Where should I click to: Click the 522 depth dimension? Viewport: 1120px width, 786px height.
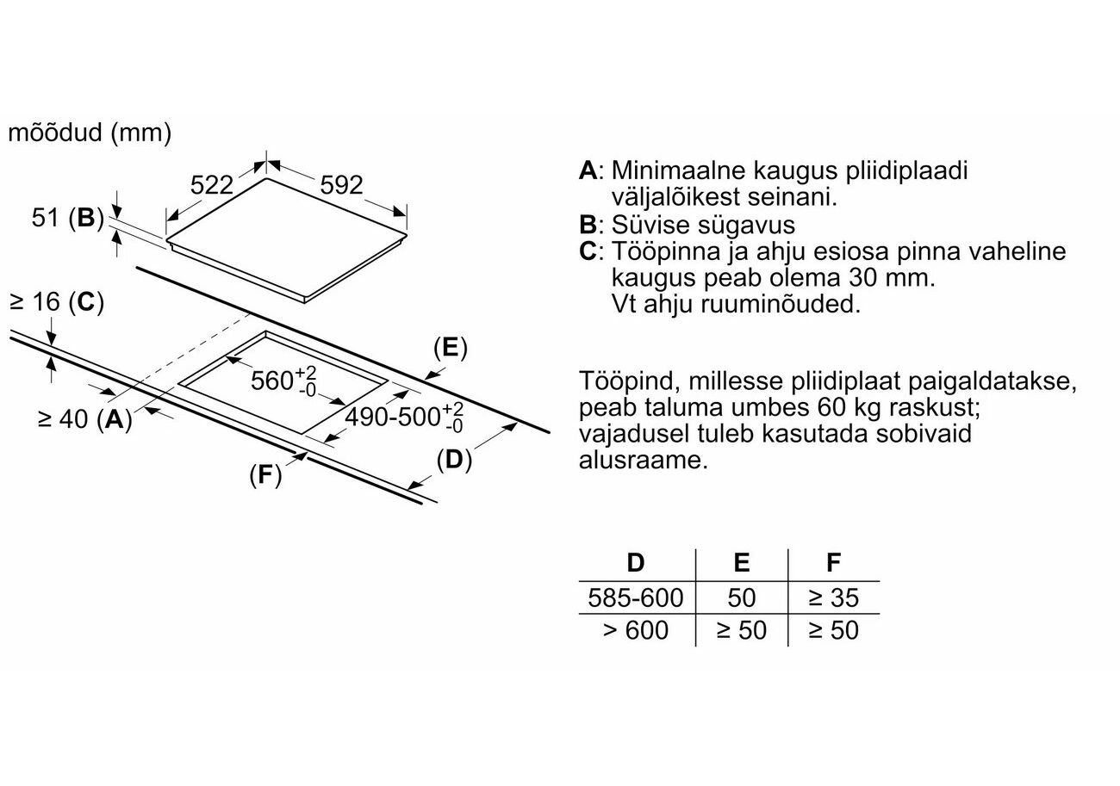(212, 184)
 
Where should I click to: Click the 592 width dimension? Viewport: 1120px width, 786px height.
(342, 184)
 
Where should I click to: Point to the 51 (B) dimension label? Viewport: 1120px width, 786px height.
(67, 218)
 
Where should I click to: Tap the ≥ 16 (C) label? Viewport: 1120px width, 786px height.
(56, 302)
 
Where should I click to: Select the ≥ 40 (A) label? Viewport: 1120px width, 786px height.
(84, 420)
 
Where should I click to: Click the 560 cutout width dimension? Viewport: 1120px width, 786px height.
(283, 380)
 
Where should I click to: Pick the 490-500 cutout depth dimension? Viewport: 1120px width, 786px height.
(404, 417)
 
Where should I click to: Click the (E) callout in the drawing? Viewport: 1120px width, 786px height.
(449, 348)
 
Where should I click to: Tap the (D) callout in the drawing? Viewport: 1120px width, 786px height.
(454, 461)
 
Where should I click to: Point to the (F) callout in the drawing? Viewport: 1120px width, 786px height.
(265, 474)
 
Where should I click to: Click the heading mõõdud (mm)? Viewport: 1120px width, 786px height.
(90, 133)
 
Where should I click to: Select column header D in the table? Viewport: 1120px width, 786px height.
(635, 563)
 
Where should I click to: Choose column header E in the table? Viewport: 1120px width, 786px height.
(741, 563)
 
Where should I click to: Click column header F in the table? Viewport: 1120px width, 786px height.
(833, 563)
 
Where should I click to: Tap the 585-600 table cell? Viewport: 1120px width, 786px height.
(635, 597)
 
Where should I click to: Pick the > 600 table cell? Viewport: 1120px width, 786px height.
(635, 630)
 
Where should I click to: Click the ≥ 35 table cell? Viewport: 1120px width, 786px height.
(833, 597)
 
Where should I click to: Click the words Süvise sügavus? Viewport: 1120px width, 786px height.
(703, 225)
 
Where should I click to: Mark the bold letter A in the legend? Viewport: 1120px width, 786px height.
(588, 170)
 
